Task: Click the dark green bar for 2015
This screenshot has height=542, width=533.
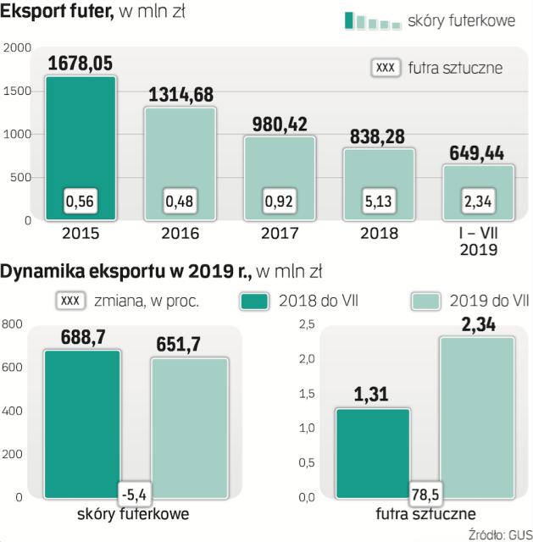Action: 81,148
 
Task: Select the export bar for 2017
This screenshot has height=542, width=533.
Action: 280,178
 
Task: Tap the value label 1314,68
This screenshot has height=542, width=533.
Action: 180,95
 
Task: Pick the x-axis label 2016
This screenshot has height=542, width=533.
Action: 180,234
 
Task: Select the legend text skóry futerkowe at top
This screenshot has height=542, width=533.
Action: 461,20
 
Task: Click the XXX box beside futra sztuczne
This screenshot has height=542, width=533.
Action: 386,68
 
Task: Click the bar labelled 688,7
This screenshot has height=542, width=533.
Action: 81,423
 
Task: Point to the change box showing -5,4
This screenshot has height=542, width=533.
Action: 134,490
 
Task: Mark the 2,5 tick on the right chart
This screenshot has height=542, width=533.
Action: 306,324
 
